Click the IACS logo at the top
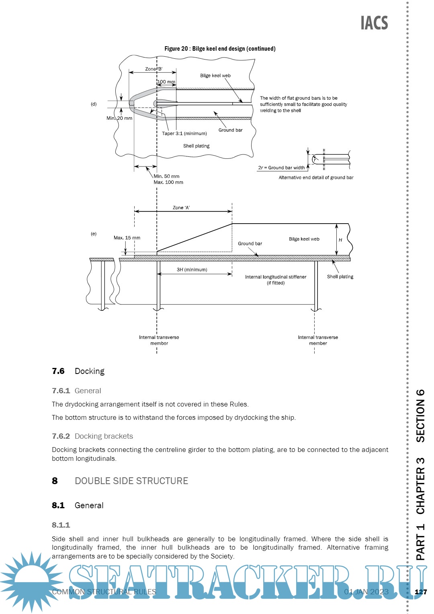[374, 23]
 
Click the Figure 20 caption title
[220, 49]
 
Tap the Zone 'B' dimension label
[154, 69]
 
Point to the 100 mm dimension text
[166, 82]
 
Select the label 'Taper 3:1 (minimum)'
[184, 133]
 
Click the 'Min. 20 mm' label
[119, 118]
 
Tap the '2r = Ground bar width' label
[281, 168]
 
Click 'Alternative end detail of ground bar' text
[316, 177]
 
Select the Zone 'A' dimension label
[181, 208]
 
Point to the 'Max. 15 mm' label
[127, 238]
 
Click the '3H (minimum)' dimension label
[192, 270]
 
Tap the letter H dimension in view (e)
[340, 240]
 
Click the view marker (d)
[94, 104]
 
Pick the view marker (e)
[94, 234]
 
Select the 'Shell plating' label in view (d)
[196, 146]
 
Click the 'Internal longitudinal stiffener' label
[276, 277]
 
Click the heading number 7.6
[58, 371]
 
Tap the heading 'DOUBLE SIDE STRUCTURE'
[131, 481]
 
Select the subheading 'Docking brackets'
[104, 436]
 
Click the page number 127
[421, 592]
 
